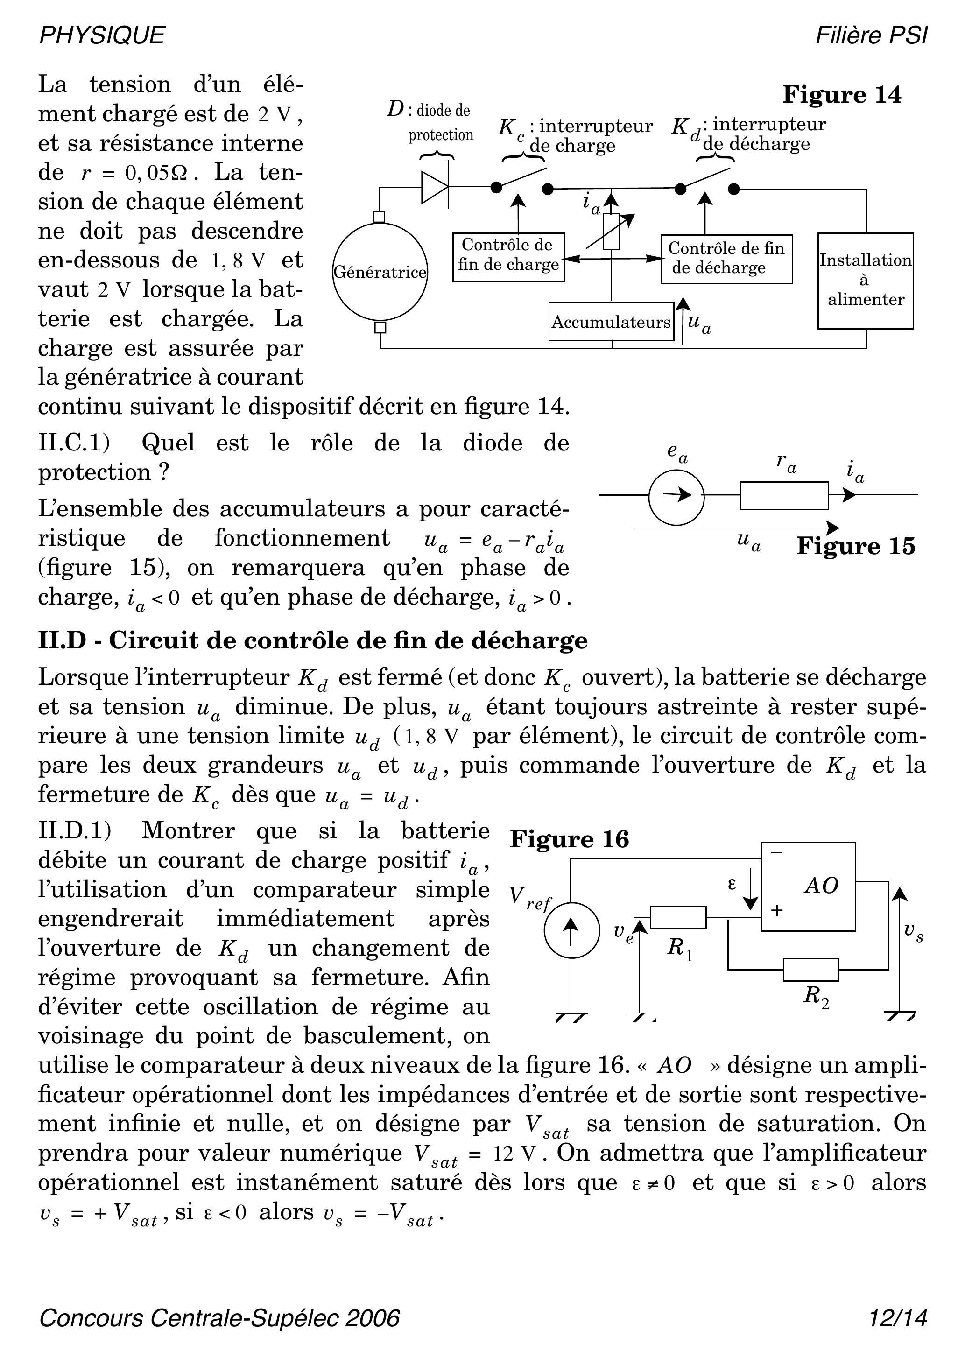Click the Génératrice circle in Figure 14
pos(380,272)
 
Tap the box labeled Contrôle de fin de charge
pos(508,257)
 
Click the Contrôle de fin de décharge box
pos(726,259)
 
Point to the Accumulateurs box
pos(611,322)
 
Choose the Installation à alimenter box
pos(865,281)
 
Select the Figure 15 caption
pos(856,546)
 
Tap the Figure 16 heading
pos(569,839)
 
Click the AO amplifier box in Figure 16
pos(809,887)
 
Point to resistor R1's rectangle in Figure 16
pos(678,917)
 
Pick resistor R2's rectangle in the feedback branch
pos(811,970)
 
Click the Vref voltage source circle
pos(571,930)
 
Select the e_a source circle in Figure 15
pos(676,495)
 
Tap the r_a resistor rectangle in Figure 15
pos(784,495)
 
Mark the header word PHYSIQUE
pos(102,35)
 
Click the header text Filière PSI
pos(871,35)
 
